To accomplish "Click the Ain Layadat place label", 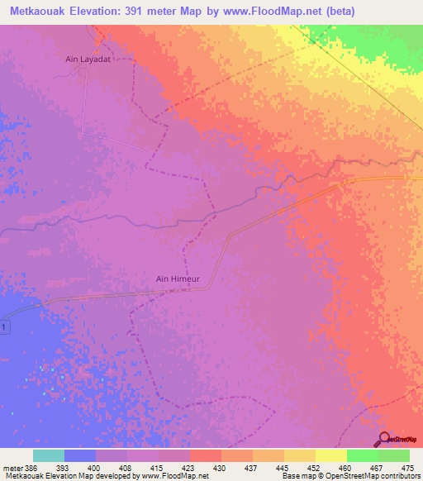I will coord(88,60).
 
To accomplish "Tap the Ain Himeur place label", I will coord(178,279).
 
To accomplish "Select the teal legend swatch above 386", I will coord(48,455).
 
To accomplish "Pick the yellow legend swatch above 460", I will coord(330,455).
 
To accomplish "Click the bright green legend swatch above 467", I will coord(362,455).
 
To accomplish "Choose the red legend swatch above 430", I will coord(205,455).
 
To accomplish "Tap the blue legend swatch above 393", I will coord(79,455).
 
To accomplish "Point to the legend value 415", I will coord(158,468).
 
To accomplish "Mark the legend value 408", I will coord(126,468).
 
